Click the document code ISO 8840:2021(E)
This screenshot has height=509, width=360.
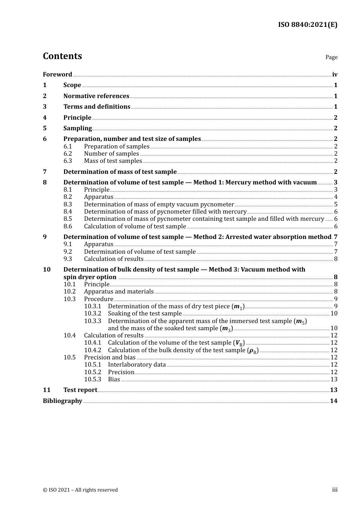[307, 25]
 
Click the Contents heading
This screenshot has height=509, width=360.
[62, 56]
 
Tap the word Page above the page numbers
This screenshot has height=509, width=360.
[331, 57]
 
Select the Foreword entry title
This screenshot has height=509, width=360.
[57, 75]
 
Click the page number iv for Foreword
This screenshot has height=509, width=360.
[335, 75]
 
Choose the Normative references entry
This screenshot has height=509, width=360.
[96, 96]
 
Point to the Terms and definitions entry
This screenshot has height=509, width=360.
[97, 107]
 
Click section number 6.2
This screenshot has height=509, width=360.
[67, 154]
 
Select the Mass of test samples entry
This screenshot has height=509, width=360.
[113, 161]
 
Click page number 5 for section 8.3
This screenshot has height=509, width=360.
[336, 205]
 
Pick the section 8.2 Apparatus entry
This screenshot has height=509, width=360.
[99, 197]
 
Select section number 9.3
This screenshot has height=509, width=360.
[67, 259]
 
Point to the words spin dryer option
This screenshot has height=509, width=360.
[90, 277]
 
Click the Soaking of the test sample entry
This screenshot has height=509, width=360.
[145, 314]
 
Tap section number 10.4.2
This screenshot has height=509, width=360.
[92, 350]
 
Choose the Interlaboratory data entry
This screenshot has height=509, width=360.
[137, 365]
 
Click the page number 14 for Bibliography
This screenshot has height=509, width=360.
[333, 401]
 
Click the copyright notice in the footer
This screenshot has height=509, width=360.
[80, 490]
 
